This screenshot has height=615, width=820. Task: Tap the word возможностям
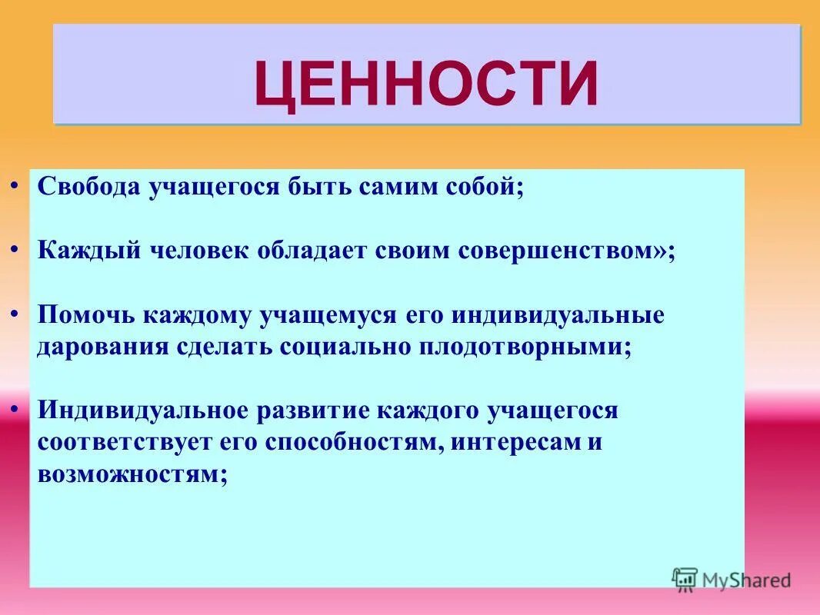(131, 474)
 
